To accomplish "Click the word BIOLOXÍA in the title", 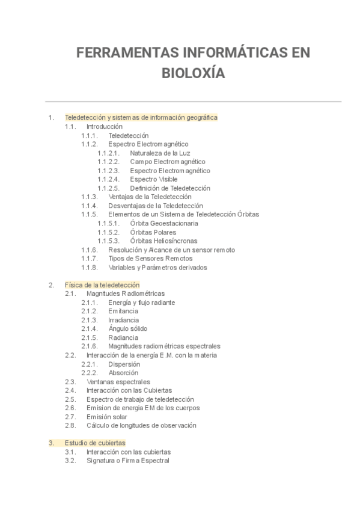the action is pyautogui.click(x=193, y=73).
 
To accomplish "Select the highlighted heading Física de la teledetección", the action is pyautogui.click(x=102, y=284).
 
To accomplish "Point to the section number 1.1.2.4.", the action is pyautogui.click(x=108, y=179).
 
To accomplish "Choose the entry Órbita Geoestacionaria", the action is pyautogui.click(x=164, y=223).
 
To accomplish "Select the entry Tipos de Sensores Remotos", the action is pyautogui.click(x=146, y=258).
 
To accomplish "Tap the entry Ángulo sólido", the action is pyautogui.click(x=127, y=328).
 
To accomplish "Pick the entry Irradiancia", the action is pyautogui.click(x=123, y=320).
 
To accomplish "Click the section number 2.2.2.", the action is pyautogui.click(x=90, y=372).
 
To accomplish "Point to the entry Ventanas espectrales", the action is pyautogui.click(x=118, y=381).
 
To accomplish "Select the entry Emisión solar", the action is pyautogui.click(x=107, y=416).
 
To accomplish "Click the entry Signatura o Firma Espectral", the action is pyautogui.click(x=128, y=461).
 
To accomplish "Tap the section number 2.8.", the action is pyautogui.click(x=70, y=425).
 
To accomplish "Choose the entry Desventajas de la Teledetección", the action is pyautogui.click(x=156, y=206).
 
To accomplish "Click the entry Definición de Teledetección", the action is pyautogui.click(x=170, y=188).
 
